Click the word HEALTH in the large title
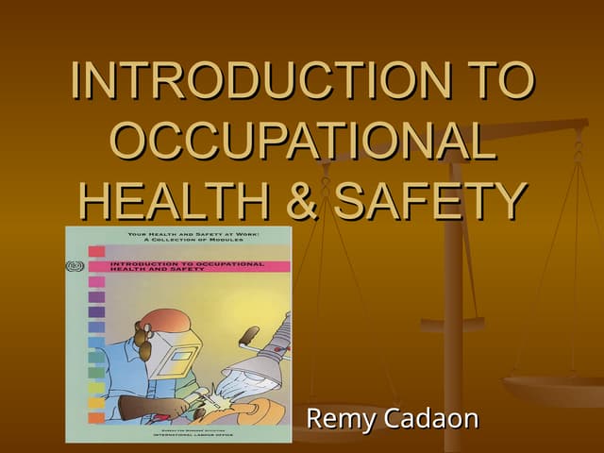[x=169, y=201]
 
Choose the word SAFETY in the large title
[x=430, y=201]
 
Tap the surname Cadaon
[x=431, y=418]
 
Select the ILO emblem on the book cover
[x=75, y=266]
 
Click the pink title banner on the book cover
[x=189, y=266]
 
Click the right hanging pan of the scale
[x=552, y=387]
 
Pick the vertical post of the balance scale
[x=454, y=311]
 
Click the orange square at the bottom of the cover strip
[x=96, y=416]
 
